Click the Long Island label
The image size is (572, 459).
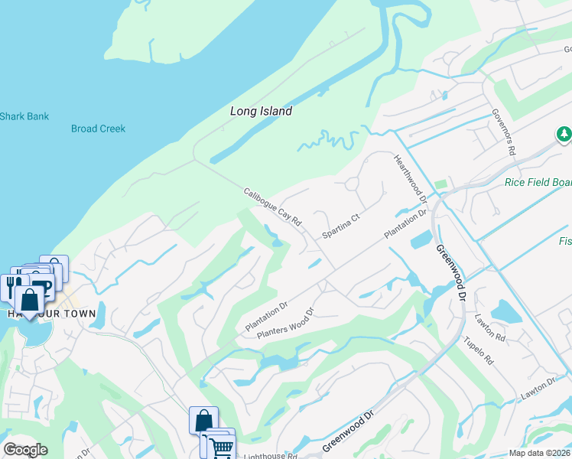261,112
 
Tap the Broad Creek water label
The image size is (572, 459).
98,129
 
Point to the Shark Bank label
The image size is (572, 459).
24,117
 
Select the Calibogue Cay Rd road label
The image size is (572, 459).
273,207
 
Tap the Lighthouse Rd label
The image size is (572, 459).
269,456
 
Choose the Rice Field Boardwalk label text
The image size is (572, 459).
538,182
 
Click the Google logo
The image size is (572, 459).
25,450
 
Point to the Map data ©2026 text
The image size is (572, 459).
540,453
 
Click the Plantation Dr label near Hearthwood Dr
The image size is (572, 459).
405,226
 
